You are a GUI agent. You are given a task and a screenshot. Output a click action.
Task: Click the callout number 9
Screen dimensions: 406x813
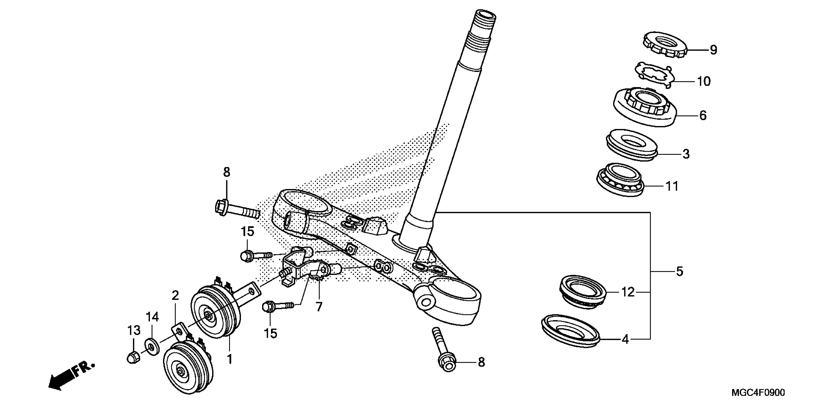(x=713, y=50)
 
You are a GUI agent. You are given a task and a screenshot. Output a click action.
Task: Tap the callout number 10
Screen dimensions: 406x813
(x=703, y=81)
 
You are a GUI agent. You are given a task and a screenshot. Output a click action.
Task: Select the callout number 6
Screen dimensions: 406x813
(x=703, y=116)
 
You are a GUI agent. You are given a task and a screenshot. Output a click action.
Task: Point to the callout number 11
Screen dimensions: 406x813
(x=672, y=186)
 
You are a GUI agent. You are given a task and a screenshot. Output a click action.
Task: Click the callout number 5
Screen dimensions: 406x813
(x=680, y=271)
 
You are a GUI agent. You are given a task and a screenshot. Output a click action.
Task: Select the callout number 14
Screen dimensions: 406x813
(x=152, y=316)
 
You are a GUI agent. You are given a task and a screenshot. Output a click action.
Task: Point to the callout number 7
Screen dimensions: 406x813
(x=319, y=307)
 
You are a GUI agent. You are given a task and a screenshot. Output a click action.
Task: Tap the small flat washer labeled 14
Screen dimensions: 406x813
(x=152, y=347)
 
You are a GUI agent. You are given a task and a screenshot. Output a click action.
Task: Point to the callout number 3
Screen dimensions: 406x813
(x=686, y=154)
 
